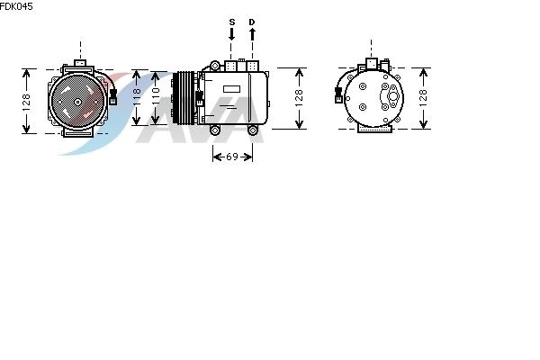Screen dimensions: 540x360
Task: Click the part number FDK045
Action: [16, 6]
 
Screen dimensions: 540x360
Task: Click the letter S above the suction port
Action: [232, 22]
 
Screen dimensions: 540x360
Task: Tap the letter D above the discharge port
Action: [252, 22]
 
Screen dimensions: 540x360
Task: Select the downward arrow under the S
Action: [232, 34]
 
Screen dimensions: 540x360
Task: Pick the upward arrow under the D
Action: [252, 34]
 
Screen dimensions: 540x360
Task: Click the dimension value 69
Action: [232, 157]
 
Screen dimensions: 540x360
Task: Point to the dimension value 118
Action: [137, 97]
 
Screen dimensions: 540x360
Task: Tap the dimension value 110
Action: [156, 96]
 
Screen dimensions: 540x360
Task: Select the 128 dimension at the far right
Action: [423, 98]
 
